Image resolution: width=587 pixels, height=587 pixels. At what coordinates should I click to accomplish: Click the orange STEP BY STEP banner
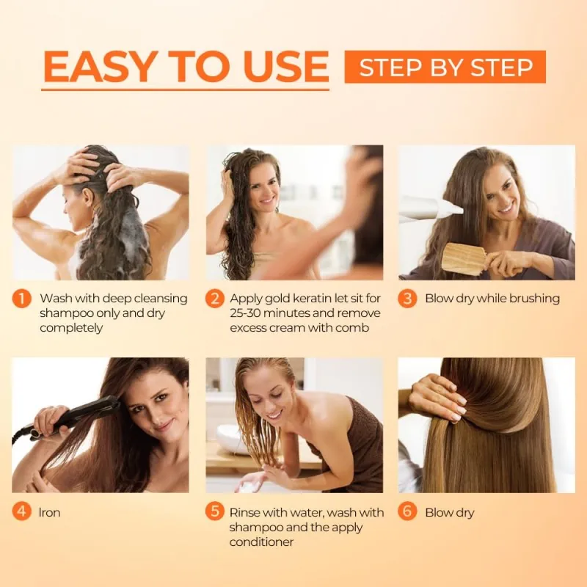445,67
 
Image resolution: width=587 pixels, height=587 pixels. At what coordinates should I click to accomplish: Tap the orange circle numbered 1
21,299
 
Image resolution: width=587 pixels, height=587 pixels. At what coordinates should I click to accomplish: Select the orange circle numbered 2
214,299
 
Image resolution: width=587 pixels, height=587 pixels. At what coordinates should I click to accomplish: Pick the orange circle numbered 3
407,299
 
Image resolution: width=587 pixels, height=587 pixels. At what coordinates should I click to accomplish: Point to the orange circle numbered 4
21,511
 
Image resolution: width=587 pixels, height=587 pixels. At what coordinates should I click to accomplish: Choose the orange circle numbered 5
214,511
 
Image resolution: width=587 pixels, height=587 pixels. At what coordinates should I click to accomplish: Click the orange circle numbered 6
407,511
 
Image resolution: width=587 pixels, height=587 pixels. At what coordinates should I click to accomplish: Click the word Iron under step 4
49,512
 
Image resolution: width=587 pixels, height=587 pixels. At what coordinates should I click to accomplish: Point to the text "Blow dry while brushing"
492,299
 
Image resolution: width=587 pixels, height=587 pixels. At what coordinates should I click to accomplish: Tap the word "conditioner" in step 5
261,542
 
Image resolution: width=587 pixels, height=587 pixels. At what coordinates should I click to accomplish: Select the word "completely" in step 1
72,328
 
